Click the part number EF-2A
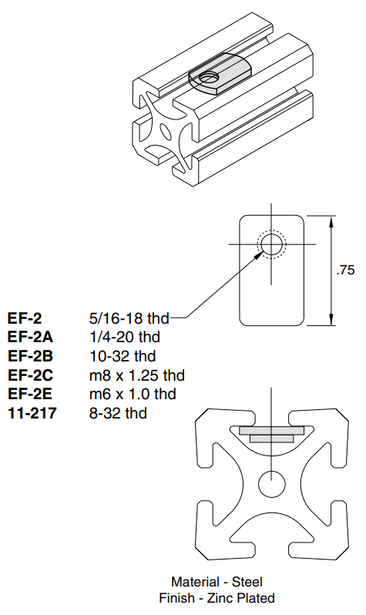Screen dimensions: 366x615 click(x=30, y=337)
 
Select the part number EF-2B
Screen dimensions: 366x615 click(x=30, y=356)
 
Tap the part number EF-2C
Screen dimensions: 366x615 click(x=30, y=375)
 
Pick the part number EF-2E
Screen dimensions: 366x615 click(x=30, y=394)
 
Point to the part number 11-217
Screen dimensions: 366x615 click(x=32, y=413)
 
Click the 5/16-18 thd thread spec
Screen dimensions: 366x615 click(x=129, y=318)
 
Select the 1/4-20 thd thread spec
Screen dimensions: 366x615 click(x=125, y=337)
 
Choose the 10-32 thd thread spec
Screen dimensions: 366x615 click(x=123, y=356)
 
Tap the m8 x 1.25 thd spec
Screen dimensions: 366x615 click(x=137, y=375)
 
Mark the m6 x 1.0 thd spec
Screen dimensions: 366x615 click(x=133, y=394)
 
